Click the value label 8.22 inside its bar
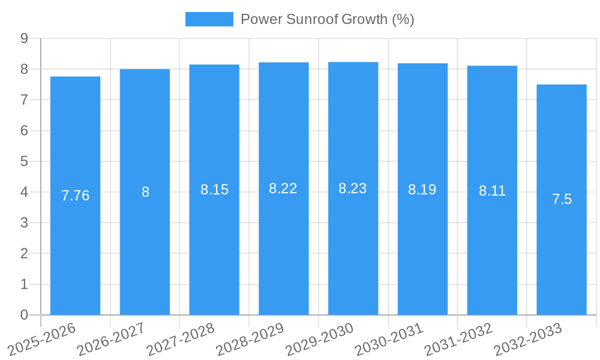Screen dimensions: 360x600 click(283, 188)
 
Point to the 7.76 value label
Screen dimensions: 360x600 click(75, 196)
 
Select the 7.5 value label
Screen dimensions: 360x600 click(562, 200)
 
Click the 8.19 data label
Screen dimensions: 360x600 click(422, 190)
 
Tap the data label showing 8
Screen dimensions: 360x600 click(145, 192)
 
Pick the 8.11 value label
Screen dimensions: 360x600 click(492, 191)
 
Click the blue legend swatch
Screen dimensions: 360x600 click(209, 19)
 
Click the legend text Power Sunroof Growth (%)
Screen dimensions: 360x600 click(327, 19)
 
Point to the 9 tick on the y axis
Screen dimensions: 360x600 click(24, 38)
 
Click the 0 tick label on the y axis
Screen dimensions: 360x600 click(24, 315)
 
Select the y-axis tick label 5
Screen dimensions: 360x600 click(24, 161)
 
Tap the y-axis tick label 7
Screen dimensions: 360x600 click(24, 100)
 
